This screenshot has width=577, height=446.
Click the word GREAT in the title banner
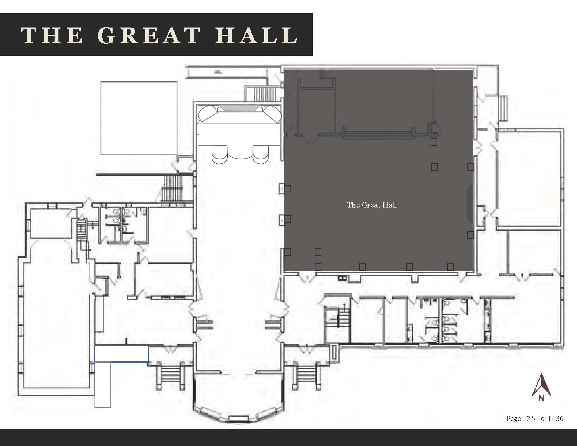pos(149,35)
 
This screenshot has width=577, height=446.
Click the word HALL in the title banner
pos(256,35)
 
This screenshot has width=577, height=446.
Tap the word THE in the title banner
pos(52,35)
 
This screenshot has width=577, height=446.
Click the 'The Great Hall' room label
pos(372,205)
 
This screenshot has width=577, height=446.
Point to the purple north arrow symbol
pos(542,384)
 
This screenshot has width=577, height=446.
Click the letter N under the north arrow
pos(542,398)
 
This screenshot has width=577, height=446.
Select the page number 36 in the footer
pos(560,419)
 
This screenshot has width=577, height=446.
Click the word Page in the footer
pos(514,419)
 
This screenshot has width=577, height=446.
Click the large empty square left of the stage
pos(139,118)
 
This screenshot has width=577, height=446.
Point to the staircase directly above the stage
pos(265,94)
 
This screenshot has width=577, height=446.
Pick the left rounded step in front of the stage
pos(219,155)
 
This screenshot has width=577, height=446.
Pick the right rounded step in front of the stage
pos(261,155)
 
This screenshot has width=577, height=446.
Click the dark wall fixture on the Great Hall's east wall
pos(470,203)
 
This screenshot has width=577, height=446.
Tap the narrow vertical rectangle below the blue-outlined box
pos(103,385)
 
